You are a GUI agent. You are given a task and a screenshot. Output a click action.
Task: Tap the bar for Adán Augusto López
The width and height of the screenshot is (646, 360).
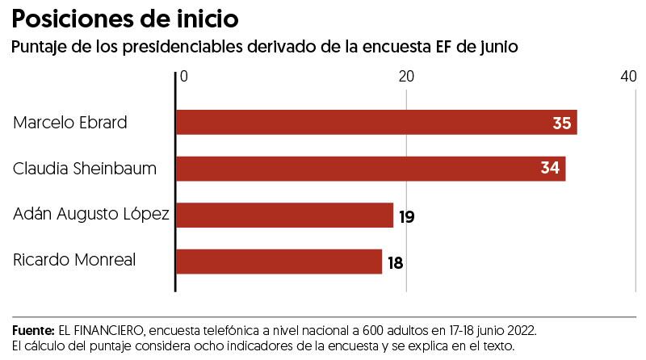pyautogui.click(x=284, y=216)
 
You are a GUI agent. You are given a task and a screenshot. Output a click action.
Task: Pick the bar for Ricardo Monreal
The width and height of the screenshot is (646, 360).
pyautogui.click(x=279, y=262)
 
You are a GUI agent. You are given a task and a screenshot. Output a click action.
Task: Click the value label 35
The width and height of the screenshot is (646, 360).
pyautogui.click(x=562, y=123)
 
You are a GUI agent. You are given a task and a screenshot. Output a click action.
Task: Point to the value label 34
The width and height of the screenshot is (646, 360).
pyautogui.click(x=551, y=169)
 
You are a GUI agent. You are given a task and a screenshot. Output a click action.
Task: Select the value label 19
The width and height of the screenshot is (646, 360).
pyautogui.click(x=406, y=216)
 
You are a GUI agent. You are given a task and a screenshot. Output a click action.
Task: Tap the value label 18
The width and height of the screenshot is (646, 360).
pyautogui.click(x=395, y=262)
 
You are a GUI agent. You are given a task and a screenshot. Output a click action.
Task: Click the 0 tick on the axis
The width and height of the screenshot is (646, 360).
pyautogui.click(x=184, y=76)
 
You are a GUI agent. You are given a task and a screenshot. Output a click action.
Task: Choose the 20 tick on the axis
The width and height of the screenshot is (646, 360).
pyautogui.click(x=406, y=76)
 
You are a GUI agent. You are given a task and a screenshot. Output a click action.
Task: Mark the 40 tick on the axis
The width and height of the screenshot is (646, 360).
pyautogui.click(x=628, y=76)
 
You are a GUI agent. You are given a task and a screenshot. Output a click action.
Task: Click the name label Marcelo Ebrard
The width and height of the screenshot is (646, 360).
pyautogui.click(x=71, y=123)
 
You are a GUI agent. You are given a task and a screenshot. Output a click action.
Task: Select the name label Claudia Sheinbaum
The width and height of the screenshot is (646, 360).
pyautogui.click(x=85, y=169)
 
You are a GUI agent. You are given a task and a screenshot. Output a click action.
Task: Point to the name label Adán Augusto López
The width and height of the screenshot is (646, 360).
pyautogui.click(x=91, y=215)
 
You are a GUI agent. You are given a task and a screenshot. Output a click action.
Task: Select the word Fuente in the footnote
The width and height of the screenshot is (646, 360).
pyautogui.click(x=31, y=331)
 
